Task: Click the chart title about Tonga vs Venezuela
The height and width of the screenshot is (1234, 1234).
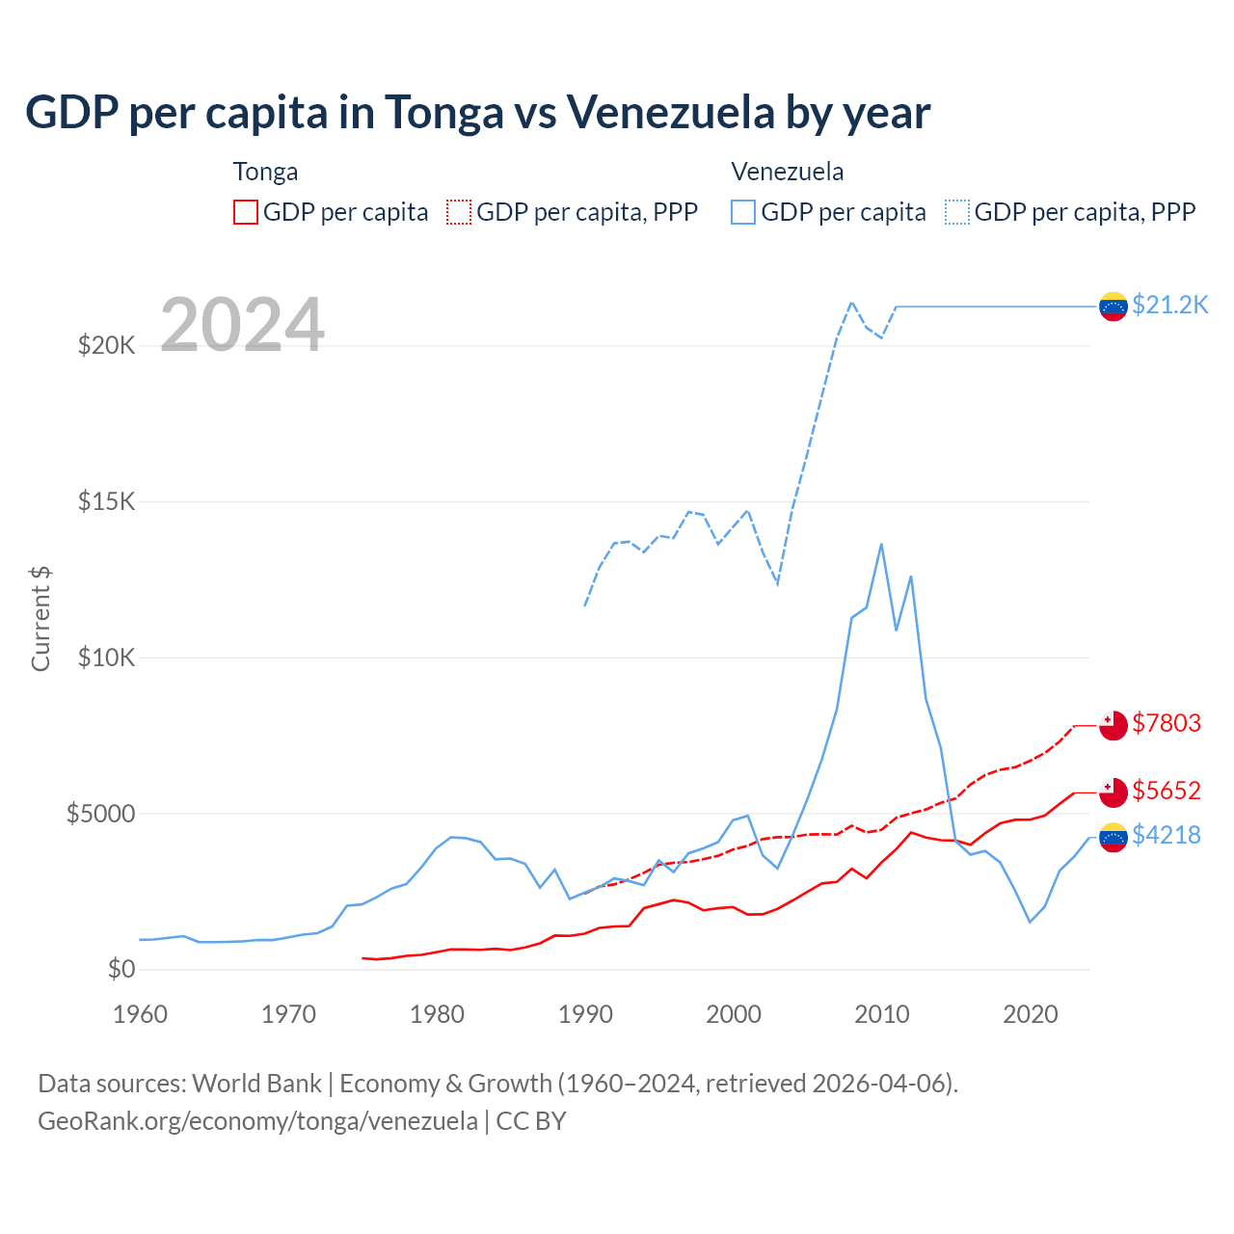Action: [x=477, y=113]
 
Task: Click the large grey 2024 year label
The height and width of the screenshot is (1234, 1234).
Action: [x=242, y=325]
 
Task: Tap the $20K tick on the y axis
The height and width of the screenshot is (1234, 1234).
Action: [x=106, y=345]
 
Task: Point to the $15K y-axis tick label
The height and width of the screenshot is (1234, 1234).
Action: [x=106, y=501]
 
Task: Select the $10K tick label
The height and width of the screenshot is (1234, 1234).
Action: [x=106, y=657]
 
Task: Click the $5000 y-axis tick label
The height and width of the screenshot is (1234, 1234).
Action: [x=100, y=814]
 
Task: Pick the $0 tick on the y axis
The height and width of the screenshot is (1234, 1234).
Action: [x=121, y=969]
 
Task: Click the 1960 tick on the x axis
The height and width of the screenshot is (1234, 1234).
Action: [x=141, y=1014]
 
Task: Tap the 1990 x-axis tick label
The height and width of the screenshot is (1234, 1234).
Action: [x=585, y=1014]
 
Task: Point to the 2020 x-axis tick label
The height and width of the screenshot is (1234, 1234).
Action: [x=1031, y=1014]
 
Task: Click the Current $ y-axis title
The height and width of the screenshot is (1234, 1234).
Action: [x=40, y=618]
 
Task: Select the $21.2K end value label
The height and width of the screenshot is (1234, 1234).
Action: [x=1169, y=306]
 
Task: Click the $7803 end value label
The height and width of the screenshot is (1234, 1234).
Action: [x=1167, y=723]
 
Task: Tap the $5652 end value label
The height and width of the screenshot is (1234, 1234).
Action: [x=1167, y=791]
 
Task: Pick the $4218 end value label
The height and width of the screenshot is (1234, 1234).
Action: [x=1167, y=835]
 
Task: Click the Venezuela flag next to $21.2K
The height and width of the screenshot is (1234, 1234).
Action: [x=1113, y=307]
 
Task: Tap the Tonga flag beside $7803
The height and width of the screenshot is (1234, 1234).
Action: [x=1113, y=725]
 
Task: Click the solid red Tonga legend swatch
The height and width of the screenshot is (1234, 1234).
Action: [x=246, y=212]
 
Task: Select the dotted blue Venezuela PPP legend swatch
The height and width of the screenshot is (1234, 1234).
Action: [x=957, y=212]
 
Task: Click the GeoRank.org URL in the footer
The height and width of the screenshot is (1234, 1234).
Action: [x=257, y=1121]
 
